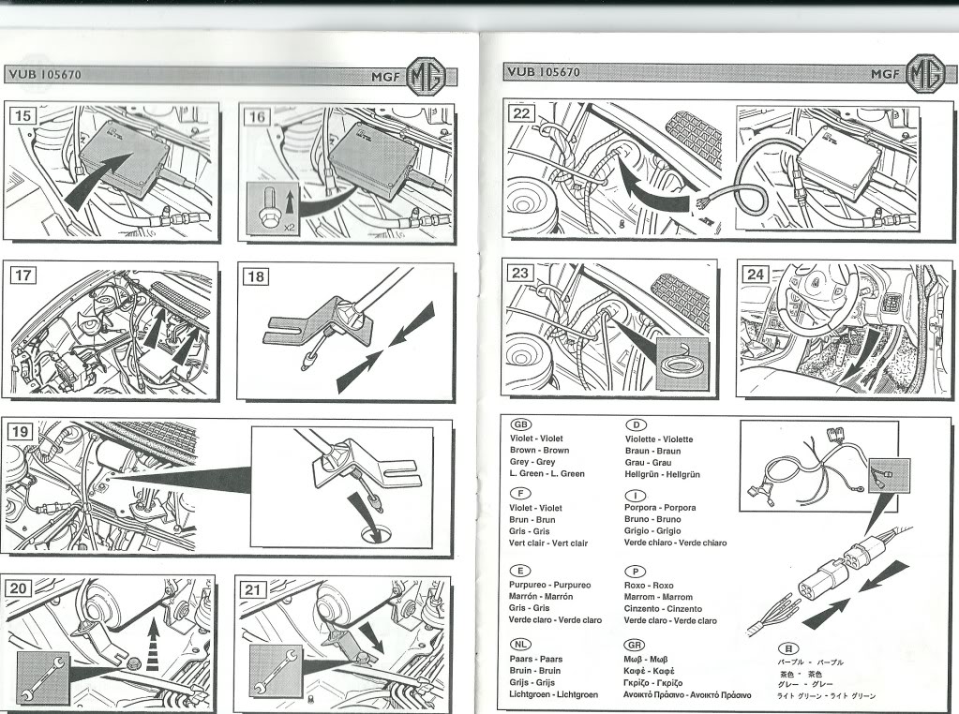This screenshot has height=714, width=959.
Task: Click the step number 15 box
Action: (x=24, y=116)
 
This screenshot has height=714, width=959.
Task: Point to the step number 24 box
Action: (x=756, y=274)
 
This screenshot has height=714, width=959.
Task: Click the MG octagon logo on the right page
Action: (x=924, y=73)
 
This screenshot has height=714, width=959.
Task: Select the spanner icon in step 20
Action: (x=42, y=677)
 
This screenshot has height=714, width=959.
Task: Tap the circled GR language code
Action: (x=635, y=645)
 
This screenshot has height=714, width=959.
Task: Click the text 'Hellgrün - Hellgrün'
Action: (x=662, y=474)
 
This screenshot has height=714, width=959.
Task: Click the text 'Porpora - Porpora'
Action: (x=660, y=508)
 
